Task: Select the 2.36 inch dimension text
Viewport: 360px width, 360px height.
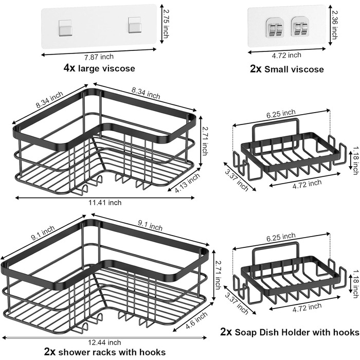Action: [349, 25]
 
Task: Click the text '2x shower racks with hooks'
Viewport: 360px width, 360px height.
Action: [105, 352]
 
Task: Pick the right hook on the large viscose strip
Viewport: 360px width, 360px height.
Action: [135, 24]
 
